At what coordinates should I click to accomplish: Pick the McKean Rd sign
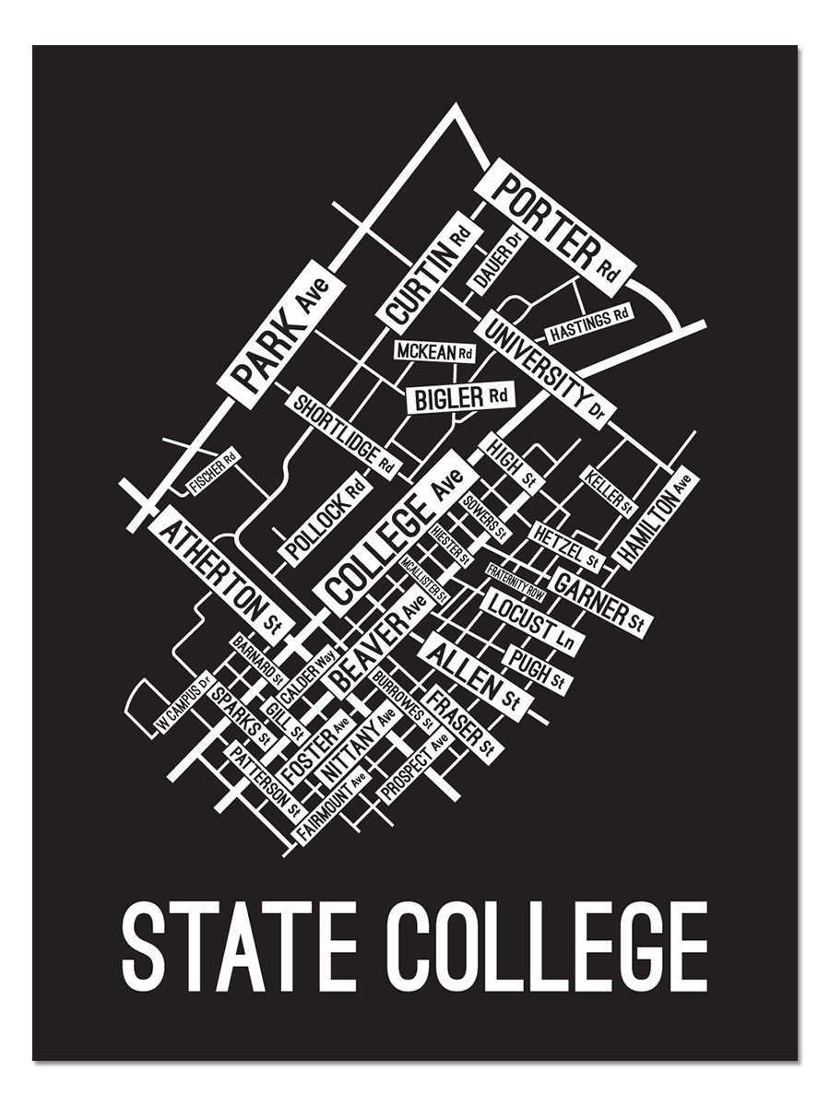pyautogui.click(x=434, y=352)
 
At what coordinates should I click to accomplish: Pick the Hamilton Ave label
pyautogui.click(x=657, y=518)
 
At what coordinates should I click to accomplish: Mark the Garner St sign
pyautogui.click(x=599, y=599)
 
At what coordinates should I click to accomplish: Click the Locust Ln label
pyautogui.click(x=531, y=624)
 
